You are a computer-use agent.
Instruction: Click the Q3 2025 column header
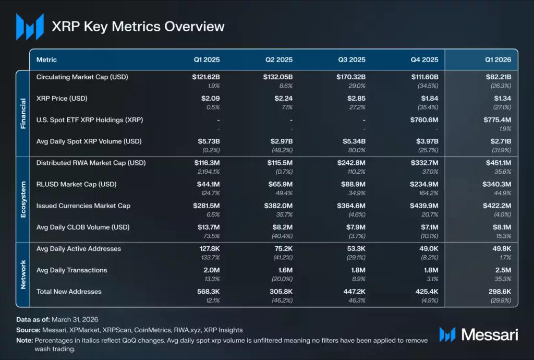click(351, 59)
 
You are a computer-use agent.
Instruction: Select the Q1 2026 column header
click(498, 59)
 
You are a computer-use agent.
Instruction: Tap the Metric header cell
click(46, 59)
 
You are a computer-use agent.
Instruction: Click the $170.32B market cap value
click(351, 77)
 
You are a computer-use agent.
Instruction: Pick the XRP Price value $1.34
click(502, 99)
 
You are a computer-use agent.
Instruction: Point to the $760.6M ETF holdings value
click(424, 120)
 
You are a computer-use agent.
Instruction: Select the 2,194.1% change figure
click(209, 172)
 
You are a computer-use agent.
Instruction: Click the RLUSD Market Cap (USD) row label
click(76, 184)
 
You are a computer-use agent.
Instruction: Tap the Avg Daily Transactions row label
click(71, 270)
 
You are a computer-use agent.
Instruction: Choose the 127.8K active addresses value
click(210, 249)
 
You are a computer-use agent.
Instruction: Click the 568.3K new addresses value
click(209, 292)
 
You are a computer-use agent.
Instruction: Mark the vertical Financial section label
click(23, 113)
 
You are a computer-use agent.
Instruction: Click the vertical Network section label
click(23, 274)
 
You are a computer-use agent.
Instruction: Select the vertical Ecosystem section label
click(23, 199)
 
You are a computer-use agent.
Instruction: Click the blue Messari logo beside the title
click(30, 27)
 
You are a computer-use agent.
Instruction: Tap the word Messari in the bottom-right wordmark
click(489, 335)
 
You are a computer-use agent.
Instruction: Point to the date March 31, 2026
click(75, 319)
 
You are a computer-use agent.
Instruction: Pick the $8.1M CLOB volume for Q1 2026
click(502, 227)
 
